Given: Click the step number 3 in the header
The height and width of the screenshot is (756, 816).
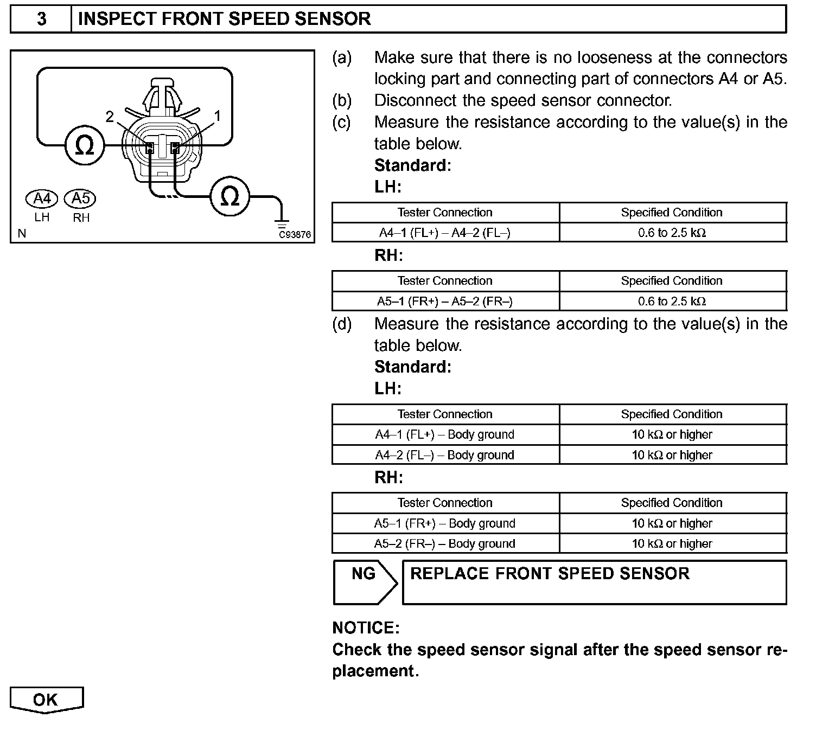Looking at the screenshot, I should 41,19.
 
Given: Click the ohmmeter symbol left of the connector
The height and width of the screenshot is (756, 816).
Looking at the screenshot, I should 84,145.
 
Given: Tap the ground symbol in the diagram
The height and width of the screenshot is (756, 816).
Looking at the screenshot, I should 282,223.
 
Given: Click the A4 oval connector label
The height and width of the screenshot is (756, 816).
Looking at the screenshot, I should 42,199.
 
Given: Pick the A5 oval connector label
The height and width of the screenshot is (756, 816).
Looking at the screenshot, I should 80,199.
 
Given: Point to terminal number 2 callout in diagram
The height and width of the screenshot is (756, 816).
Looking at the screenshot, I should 110,117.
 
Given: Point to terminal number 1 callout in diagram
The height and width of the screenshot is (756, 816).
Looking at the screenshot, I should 218,116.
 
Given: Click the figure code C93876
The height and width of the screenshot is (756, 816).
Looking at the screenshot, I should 295,234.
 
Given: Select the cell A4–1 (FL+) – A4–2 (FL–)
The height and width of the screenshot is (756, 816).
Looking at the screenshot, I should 445,233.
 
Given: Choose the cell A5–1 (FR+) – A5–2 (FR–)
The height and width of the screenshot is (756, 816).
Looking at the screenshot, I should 445,302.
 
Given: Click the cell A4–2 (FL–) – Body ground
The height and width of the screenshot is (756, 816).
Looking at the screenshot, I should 445,455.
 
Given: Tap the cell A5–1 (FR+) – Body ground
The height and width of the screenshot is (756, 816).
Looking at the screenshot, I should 445,523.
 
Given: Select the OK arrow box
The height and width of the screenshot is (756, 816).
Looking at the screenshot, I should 46,700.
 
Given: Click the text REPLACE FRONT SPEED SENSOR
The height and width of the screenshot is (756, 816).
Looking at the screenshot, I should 550,574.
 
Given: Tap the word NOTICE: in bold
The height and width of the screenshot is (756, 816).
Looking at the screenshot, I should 366,628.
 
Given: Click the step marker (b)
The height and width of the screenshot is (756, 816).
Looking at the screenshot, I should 342,100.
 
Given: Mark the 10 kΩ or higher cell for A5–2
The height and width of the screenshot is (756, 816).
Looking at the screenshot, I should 672,543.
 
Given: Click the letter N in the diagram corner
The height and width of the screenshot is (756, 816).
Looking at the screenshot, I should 22,234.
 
